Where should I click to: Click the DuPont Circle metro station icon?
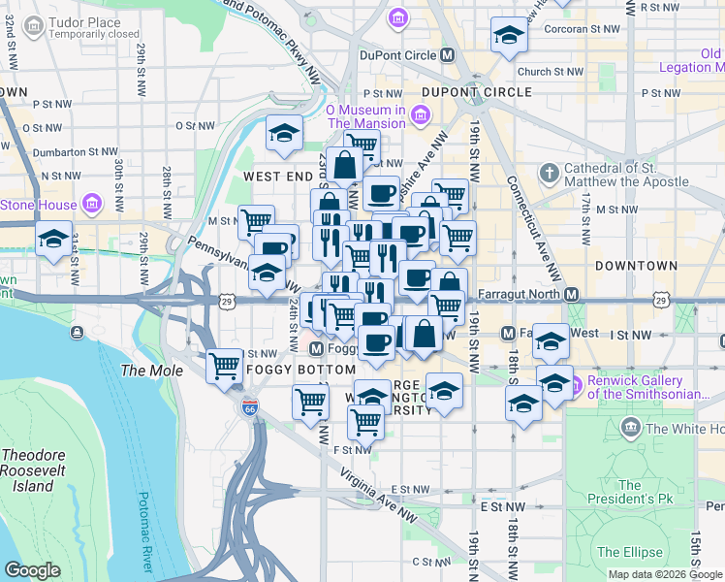tap(448, 55)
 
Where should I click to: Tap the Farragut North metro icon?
tap(572, 294)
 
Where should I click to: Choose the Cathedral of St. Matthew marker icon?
tap(549, 170)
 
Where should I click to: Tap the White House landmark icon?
tap(630, 428)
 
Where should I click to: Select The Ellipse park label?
tap(630, 552)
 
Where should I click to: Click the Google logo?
tap(32, 570)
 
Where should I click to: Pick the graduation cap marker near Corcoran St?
tap(508, 37)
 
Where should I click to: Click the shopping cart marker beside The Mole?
tap(225, 368)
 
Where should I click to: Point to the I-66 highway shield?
tap(249, 406)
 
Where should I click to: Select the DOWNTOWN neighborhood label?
tap(636, 265)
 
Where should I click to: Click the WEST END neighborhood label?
tap(276, 178)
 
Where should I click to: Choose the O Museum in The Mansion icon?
tap(420, 116)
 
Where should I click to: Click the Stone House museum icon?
tap(92, 205)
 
